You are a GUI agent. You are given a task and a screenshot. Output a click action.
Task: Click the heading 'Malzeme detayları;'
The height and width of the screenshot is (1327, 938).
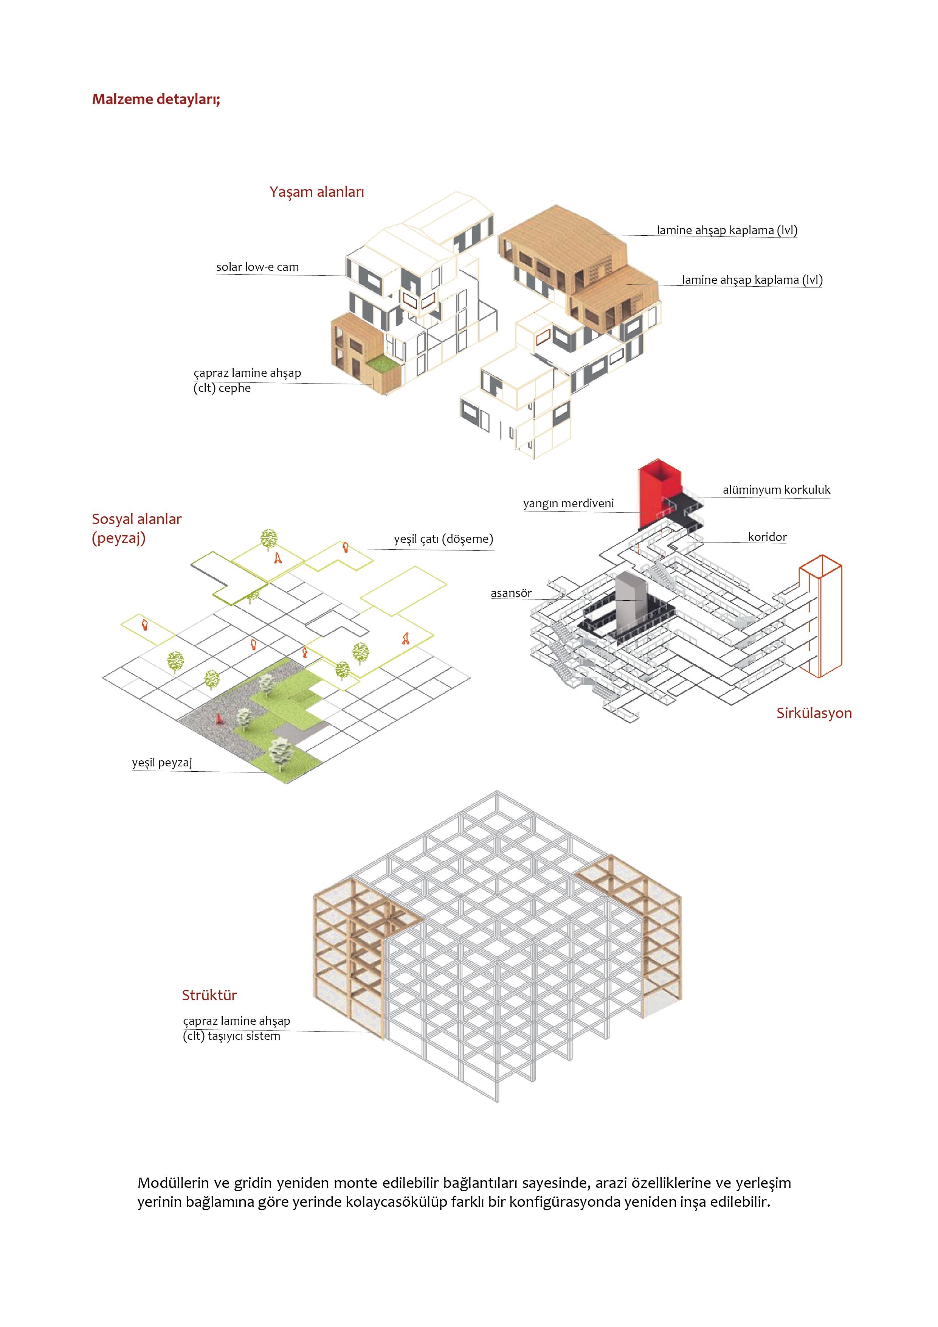point(156,99)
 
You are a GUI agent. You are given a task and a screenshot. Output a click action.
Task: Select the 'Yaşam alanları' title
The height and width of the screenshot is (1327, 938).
point(316,192)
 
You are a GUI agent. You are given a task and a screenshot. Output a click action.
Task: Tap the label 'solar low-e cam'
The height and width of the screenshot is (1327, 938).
point(257,267)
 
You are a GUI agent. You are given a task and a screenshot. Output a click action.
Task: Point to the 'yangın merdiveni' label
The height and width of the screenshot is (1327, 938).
point(568,503)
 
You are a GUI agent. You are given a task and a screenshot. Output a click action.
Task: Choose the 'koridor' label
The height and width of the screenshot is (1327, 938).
point(767,537)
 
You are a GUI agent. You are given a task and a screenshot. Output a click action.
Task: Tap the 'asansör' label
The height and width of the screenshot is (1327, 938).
point(510,593)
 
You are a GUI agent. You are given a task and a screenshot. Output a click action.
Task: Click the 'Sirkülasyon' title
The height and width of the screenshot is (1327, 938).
point(813,713)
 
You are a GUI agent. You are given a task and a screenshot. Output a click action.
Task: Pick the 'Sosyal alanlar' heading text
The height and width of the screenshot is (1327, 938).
point(136,519)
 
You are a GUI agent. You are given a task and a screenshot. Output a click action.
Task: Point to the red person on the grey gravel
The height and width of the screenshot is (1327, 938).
point(219,718)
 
